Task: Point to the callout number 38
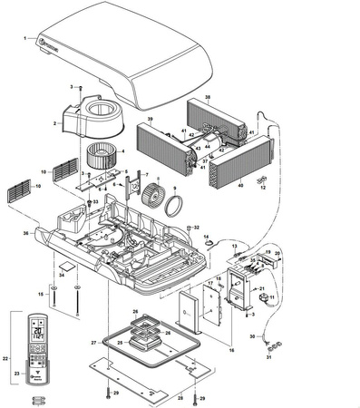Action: click(x=208, y=97)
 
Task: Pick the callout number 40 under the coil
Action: click(x=240, y=185)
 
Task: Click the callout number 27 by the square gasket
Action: click(x=93, y=344)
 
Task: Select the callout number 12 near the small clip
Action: click(x=262, y=189)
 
